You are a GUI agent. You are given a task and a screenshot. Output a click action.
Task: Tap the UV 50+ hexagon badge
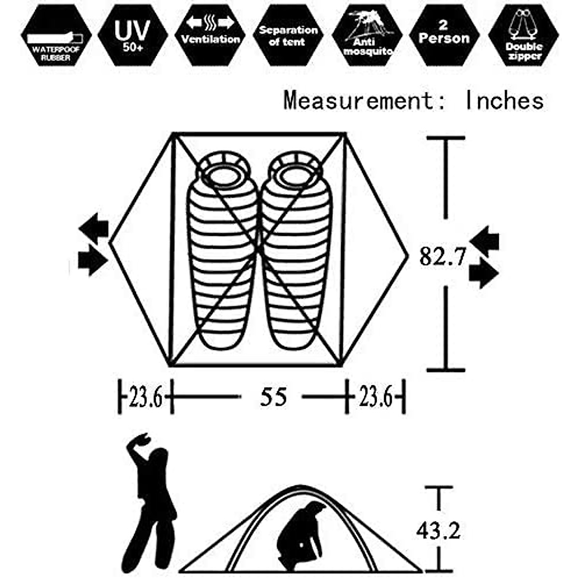(133, 35)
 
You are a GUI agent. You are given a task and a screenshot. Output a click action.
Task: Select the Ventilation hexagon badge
(210, 35)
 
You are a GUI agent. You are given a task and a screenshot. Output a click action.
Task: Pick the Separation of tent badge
(288, 35)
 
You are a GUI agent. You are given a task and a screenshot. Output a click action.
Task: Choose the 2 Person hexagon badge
(444, 35)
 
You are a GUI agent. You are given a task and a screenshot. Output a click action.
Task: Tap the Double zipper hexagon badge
(524, 35)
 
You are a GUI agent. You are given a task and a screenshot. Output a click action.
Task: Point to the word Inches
(504, 100)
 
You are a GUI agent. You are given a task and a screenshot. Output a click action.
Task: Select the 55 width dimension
(274, 397)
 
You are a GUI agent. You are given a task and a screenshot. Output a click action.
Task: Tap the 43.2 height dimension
(438, 531)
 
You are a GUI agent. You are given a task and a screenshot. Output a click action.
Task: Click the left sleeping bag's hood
(223, 171)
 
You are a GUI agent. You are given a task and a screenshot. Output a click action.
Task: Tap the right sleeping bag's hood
(295, 171)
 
